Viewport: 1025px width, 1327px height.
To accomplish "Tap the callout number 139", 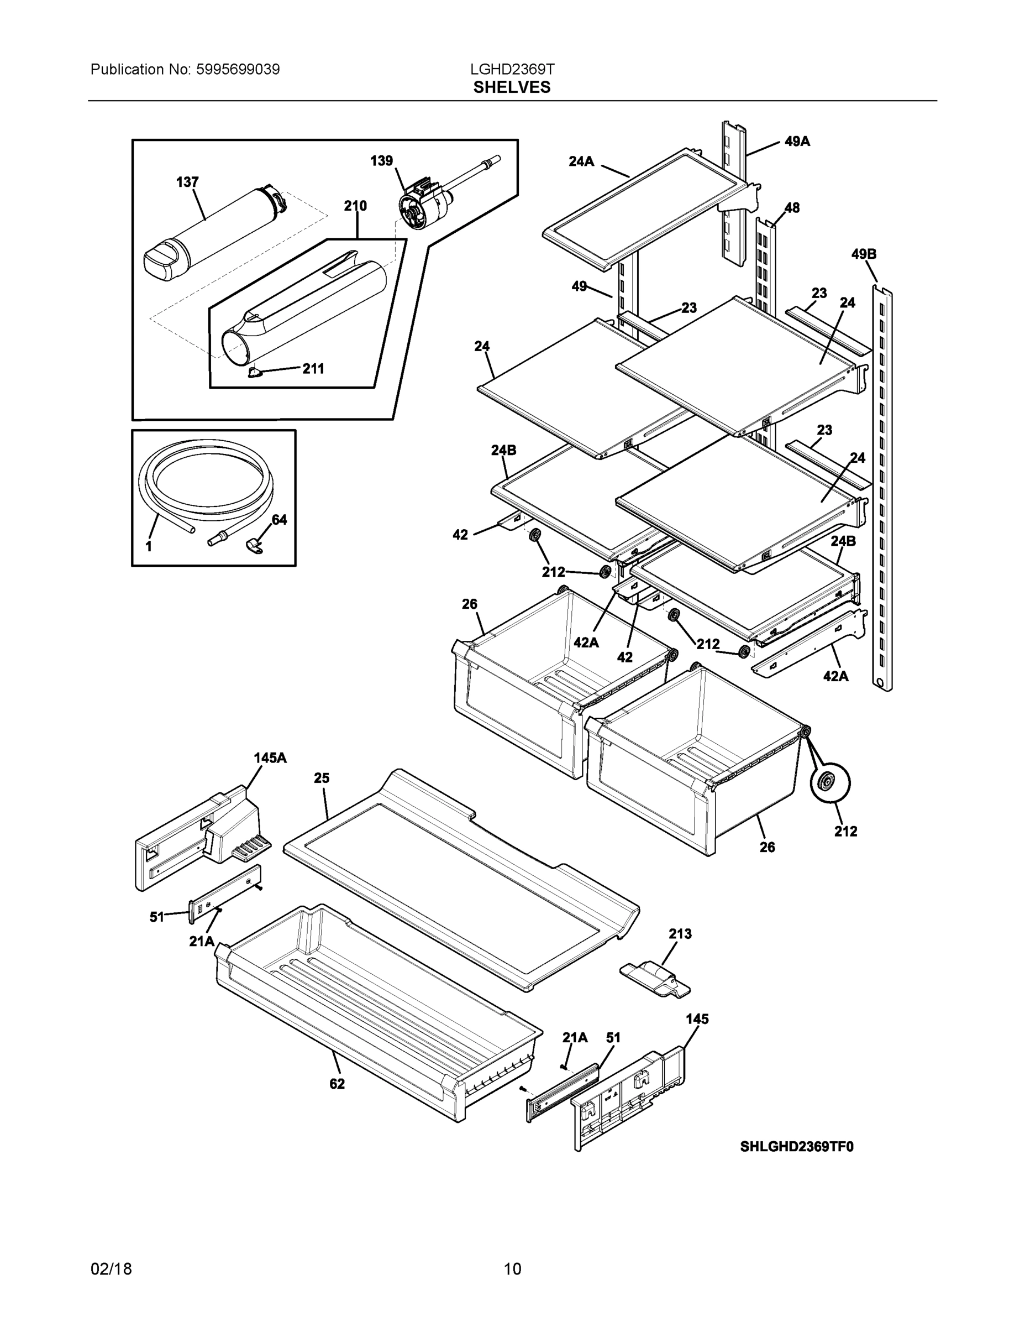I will tap(381, 160).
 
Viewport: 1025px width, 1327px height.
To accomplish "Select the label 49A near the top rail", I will tap(797, 142).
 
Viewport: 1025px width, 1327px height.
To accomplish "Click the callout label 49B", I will tap(863, 254).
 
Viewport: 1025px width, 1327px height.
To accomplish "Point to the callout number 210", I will tap(355, 206).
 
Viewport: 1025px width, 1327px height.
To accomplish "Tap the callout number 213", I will tap(680, 934).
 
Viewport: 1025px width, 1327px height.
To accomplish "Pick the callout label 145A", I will tap(270, 757).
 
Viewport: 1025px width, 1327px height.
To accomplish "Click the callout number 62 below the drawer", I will tap(337, 1084).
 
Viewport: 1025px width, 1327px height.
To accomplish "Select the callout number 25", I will tap(321, 778).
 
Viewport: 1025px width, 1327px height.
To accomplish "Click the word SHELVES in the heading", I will tap(512, 87).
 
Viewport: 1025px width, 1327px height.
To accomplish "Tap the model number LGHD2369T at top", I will tap(512, 69).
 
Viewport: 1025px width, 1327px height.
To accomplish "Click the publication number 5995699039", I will tap(238, 69).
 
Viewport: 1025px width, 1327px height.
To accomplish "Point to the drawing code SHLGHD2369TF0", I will tap(797, 1147).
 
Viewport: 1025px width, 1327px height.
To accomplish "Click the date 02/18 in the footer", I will tap(111, 1269).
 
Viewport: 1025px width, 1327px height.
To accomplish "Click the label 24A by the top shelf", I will tap(581, 161).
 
